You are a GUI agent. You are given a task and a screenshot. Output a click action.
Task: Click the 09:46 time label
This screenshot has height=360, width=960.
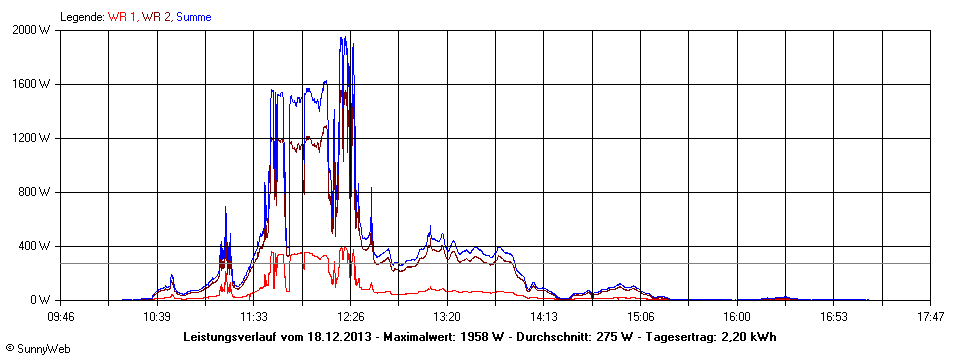point(61,317)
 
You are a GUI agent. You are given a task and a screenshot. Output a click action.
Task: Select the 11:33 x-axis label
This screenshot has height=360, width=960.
point(253,317)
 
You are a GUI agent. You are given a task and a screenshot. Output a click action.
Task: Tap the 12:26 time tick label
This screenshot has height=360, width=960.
point(350,317)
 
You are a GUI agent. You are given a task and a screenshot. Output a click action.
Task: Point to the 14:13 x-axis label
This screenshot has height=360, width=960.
point(543,317)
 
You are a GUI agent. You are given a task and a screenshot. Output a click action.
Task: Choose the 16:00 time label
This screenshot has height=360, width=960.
point(737,317)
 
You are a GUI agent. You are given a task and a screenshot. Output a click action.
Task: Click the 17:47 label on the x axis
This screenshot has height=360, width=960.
point(930,317)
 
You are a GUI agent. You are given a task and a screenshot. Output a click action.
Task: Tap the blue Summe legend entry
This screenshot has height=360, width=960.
point(193,17)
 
